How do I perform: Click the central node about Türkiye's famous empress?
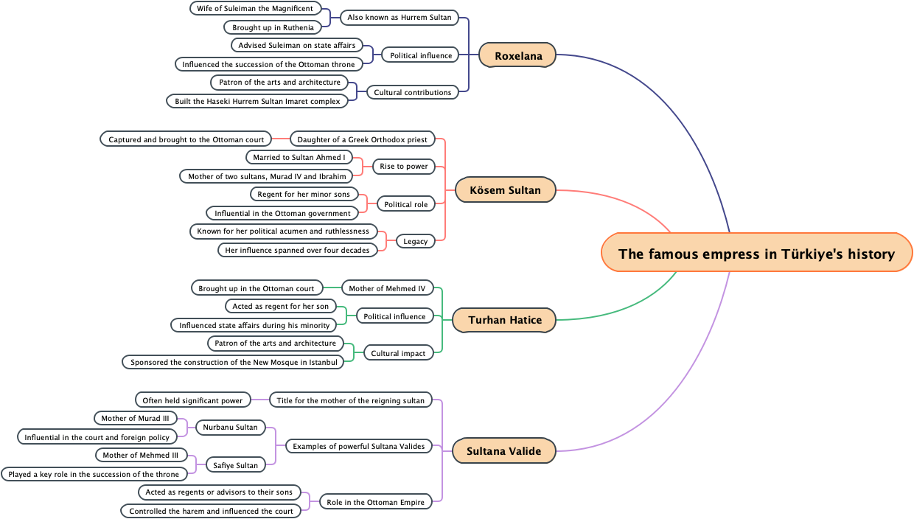pyautogui.click(x=756, y=253)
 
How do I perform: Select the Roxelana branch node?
pyautogui.click(x=517, y=55)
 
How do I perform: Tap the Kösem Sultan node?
pyautogui.click(x=504, y=189)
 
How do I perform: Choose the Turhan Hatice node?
pyautogui.click(x=504, y=319)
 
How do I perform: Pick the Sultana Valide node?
pyautogui.click(x=503, y=450)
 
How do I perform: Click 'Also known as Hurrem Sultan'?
pyautogui.click(x=399, y=16)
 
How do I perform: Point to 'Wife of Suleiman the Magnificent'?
pyautogui.click(x=255, y=8)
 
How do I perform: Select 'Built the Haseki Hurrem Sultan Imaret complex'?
pyautogui.click(x=257, y=101)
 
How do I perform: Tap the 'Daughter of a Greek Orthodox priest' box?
pyautogui.click(x=362, y=139)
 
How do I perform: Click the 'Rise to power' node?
pyautogui.click(x=404, y=166)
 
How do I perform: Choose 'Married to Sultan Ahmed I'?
pyautogui.click(x=299, y=157)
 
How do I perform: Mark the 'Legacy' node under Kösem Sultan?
pyautogui.click(x=415, y=241)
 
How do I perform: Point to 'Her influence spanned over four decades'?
pyautogui.click(x=297, y=250)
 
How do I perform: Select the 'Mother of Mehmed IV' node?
pyautogui.click(x=387, y=288)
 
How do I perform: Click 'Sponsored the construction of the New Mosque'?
pyautogui.click(x=234, y=362)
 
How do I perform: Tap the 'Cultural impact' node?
pyautogui.click(x=398, y=353)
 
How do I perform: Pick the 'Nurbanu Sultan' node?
pyautogui.click(x=230, y=427)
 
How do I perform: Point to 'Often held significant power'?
pyautogui.click(x=192, y=400)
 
